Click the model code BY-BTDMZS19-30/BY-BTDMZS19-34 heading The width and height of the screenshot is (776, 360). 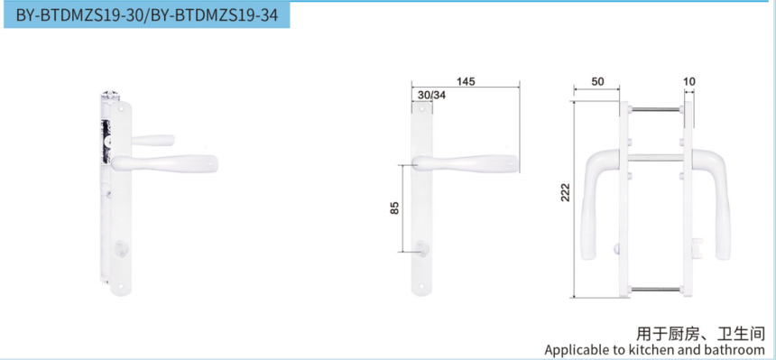[147, 15]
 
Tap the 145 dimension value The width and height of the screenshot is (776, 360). [466, 82]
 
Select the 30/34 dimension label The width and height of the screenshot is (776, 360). [431, 95]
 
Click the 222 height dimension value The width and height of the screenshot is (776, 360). [566, 192]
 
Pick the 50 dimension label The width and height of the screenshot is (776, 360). [598, 82]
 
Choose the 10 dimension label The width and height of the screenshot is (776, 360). [688, 82]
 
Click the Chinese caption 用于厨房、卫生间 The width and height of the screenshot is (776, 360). [701, 334]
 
